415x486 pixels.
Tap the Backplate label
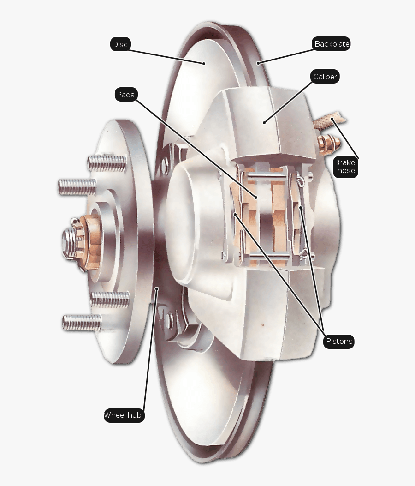(332, 44)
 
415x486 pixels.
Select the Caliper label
(326, 77)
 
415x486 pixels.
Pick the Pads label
(125, 95)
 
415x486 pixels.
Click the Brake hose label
(345, 167)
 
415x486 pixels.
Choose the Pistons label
(339, 342)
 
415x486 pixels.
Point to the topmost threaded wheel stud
(106, 162)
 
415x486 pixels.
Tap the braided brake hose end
(328, 121)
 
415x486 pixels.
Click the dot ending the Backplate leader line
(259, 63)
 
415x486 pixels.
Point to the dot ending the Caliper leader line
(264, 122)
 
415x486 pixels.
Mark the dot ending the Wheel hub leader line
(157, 289)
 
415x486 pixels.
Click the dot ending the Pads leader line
(256, 197)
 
